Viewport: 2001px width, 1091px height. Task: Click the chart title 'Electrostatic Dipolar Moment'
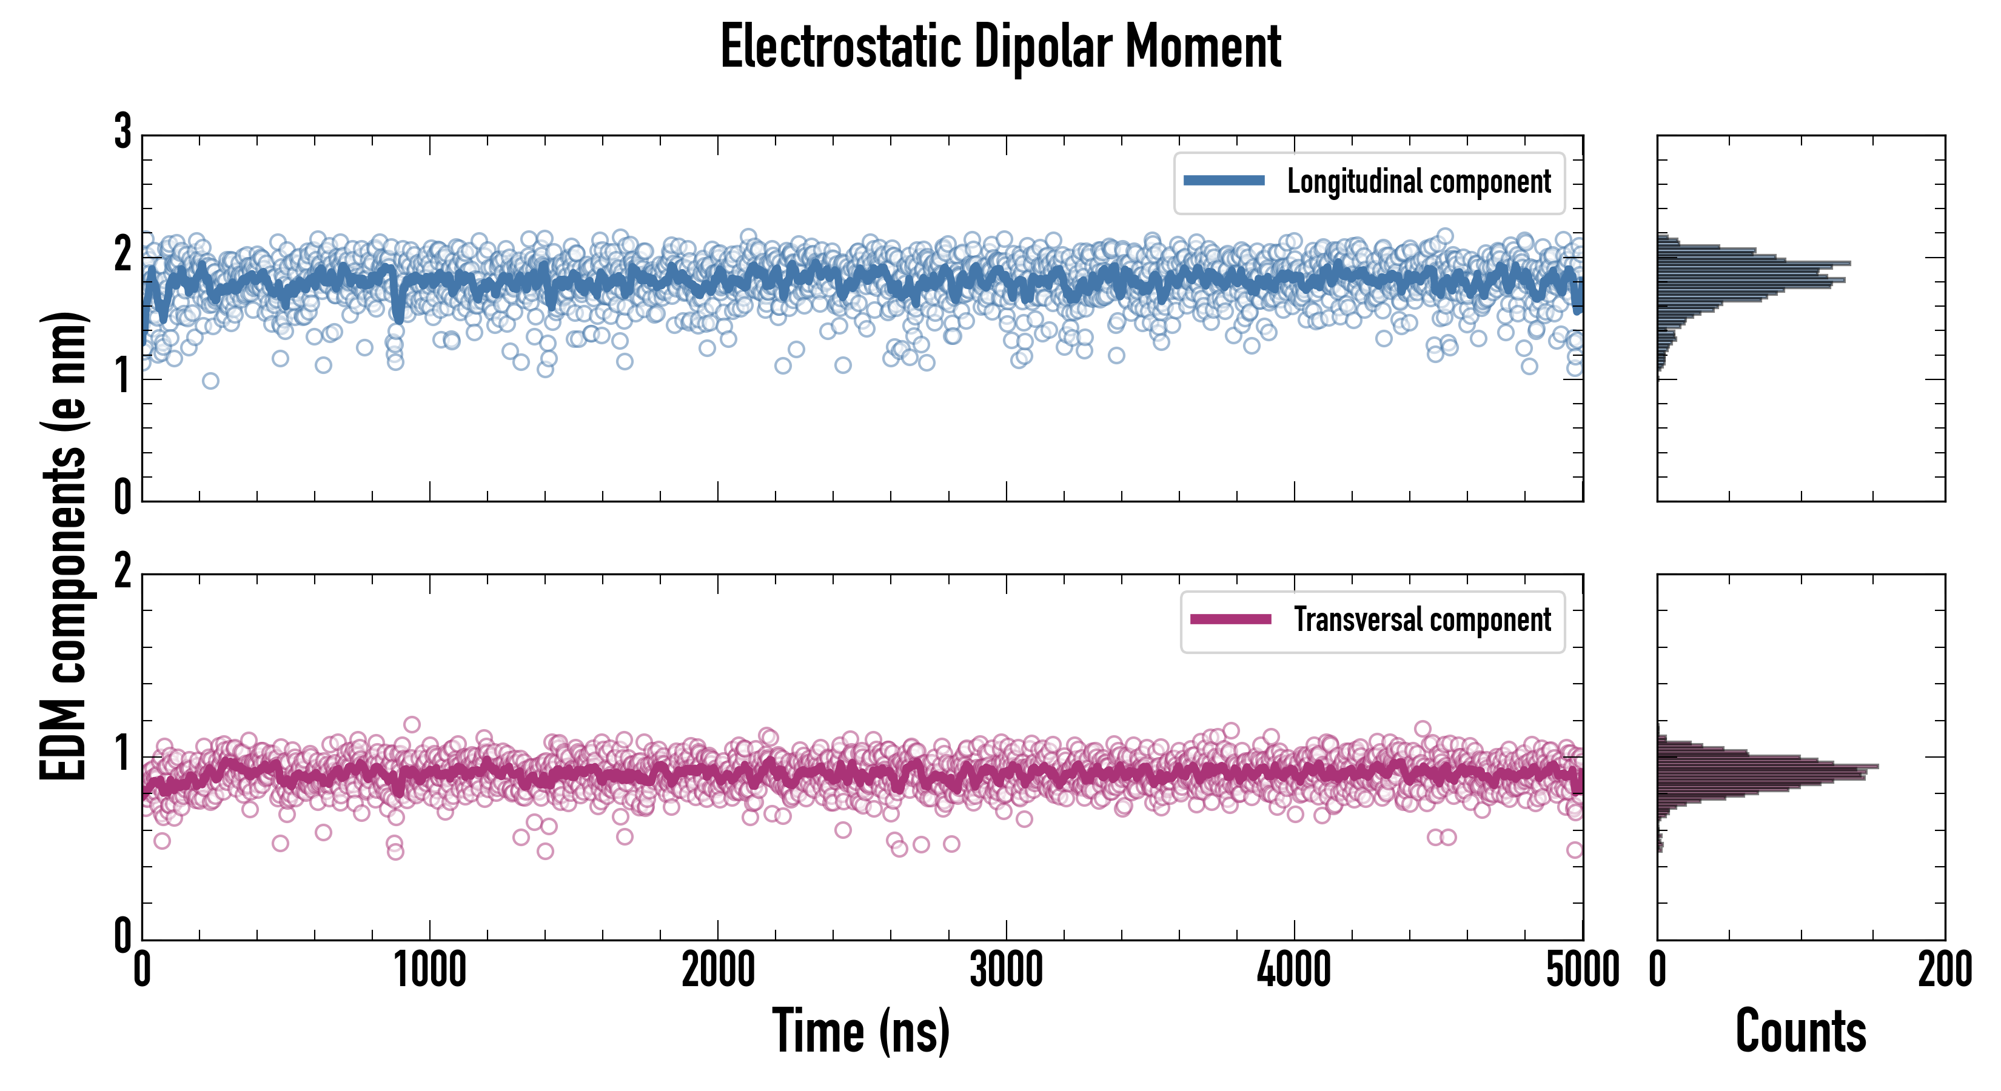[1000, 47]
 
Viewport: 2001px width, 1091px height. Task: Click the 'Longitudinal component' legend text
[1418, 182]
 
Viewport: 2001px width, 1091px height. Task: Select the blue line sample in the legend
[1224, 181]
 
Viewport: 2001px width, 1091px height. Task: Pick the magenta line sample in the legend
[1230, 619]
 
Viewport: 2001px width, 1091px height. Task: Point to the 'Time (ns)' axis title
[860, 1031]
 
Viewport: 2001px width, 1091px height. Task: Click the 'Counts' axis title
[1800, 1031]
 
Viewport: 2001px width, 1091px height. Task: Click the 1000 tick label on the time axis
[429, 970]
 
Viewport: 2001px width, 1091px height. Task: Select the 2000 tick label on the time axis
[718, 970]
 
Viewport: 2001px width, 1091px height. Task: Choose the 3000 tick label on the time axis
[1006, 970]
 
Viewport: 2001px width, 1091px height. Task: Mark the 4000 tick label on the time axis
[1294, 970]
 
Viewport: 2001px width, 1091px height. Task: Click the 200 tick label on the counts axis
[1944, 970]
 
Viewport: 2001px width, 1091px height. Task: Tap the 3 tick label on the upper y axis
[122, 132]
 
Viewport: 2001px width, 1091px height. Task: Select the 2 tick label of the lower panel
[122, 572]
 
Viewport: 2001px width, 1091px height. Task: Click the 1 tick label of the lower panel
[122, 754]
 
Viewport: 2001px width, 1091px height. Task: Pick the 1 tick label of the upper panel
[122, 378]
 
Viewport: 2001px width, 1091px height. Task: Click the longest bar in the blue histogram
[1754, 263]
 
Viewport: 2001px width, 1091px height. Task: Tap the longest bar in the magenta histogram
[1768, 766]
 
